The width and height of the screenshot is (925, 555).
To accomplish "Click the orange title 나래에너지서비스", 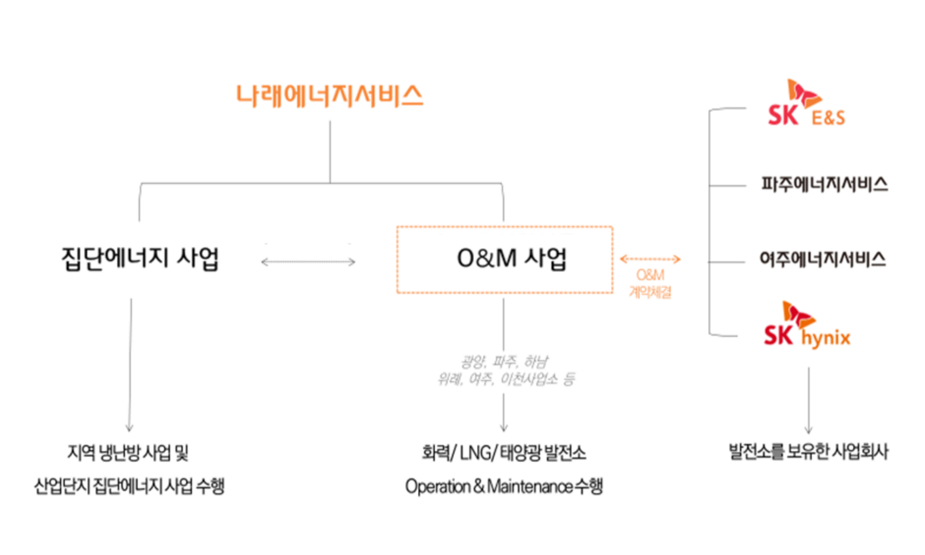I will [330, 96].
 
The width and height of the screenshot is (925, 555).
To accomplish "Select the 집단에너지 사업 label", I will [140, 259].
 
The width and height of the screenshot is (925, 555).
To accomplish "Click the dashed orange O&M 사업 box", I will [505, 259].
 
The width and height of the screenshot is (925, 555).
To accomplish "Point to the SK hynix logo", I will [807, 326].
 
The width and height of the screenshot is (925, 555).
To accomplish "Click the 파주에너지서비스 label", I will [824, 185].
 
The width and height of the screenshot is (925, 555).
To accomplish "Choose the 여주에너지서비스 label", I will [823, 259].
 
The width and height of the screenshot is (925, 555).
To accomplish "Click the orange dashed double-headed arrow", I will [650, 259].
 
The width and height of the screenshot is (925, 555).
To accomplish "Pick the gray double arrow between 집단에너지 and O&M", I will [308, 262].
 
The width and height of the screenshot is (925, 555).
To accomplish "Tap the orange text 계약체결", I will [650, 292].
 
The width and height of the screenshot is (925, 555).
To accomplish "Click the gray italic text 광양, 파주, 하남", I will [505, 362].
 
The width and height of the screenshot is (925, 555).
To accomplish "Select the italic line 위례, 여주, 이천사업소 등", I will [506, 379].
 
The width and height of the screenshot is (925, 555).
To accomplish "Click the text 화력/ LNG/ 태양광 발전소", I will [504, 453].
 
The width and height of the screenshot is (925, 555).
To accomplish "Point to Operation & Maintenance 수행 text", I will [504, 487].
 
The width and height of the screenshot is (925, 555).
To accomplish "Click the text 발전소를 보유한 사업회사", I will [809, 452].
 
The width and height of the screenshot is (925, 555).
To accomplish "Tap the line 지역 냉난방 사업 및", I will [128, 453].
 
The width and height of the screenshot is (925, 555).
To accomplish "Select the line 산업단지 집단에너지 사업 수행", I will [129, 487].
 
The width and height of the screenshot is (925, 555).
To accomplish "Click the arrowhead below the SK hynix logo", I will [809, 430].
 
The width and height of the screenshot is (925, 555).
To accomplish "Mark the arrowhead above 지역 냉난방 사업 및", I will [129, 428].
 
